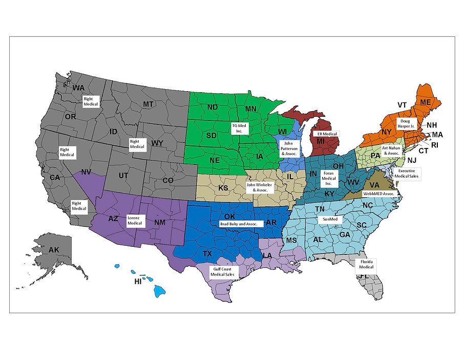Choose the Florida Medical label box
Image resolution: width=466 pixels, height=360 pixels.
click(366, 264)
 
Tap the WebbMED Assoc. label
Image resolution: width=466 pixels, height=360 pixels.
click(378, 194)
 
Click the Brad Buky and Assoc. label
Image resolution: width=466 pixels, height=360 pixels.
click(241, 224)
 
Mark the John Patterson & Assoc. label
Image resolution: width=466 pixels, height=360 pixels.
click(289, 147)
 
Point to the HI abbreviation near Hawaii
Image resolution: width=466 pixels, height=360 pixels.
click(138, 282)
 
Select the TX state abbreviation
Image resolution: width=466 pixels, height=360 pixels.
click(207, 254)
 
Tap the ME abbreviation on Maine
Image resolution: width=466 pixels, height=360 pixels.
click(426, 102)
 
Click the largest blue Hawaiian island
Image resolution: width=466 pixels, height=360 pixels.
click(159, 290)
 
